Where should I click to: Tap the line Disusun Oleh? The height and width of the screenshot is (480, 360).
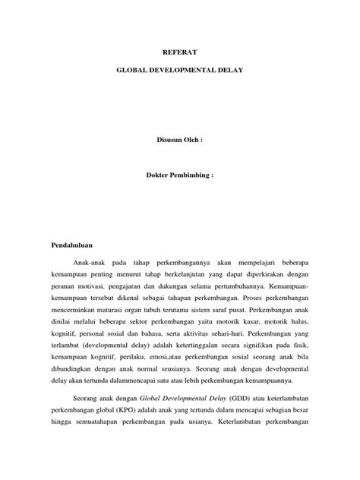coord(179,141)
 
